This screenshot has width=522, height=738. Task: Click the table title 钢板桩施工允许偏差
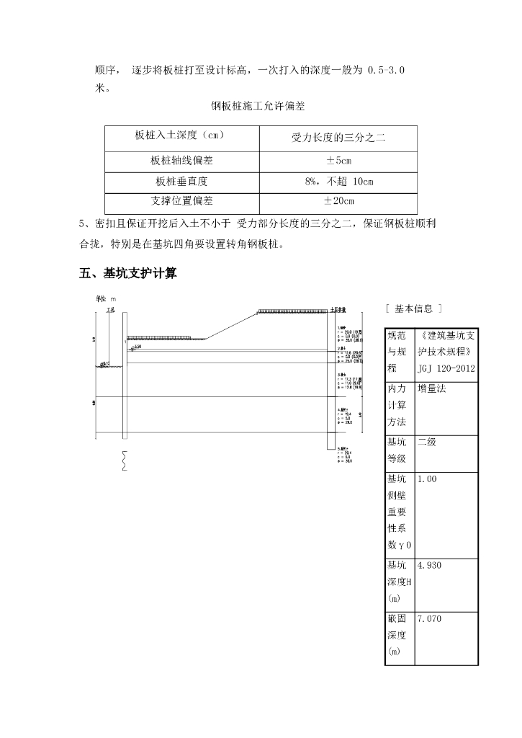pos(258,106)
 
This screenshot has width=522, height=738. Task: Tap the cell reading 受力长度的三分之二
pos(338,137)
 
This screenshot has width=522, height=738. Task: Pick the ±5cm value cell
pos(338,161)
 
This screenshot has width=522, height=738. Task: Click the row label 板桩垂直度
pos(181,182)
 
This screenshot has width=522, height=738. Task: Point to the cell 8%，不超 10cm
pos(338,182)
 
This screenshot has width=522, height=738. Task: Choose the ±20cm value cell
pos(338,201)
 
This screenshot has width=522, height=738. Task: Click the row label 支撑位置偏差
pos(181,201)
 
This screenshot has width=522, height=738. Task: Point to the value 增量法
pos(431,388)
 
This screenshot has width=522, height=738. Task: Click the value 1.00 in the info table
pos(427,479)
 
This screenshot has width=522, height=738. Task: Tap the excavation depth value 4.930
pos(429,566)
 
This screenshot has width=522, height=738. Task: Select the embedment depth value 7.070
pos(429,618)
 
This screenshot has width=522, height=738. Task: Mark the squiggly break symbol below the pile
pos(125,460)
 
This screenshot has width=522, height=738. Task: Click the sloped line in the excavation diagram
pos(232,325)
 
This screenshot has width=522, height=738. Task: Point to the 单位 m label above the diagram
pos(106,298)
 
